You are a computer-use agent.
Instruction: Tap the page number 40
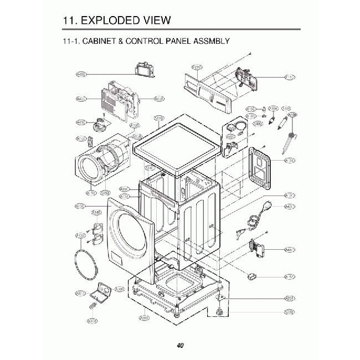[x=180, y=345]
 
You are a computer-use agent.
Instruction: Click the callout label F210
[x=197, y=67]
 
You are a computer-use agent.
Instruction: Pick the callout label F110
[x=289, y=77]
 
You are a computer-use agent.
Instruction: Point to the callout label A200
[x=145, y=318]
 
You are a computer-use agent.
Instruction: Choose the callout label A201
[x=289, y=299]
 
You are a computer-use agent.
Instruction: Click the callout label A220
[x=289, y=312]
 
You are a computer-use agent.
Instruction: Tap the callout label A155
[x=289, y=277]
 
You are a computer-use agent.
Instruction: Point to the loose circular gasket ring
[x=84, y=264]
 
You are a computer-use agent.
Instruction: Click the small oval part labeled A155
[x=253, y=275]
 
